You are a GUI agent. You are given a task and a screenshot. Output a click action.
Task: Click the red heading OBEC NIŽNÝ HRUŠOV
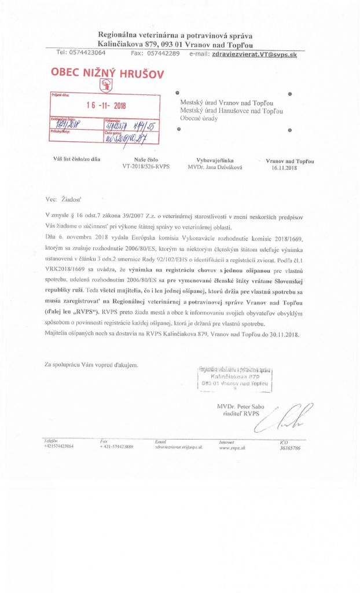[108, 74]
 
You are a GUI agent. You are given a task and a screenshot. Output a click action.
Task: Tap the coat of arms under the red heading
[105, 86]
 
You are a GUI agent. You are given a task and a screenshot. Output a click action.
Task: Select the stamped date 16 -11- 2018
[106, 105]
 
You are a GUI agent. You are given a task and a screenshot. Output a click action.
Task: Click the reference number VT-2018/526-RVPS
[145, 166]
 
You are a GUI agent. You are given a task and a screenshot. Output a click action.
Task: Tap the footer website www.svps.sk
[230, 447]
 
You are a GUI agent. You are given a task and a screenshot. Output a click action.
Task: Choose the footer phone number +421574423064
[58, 446]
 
